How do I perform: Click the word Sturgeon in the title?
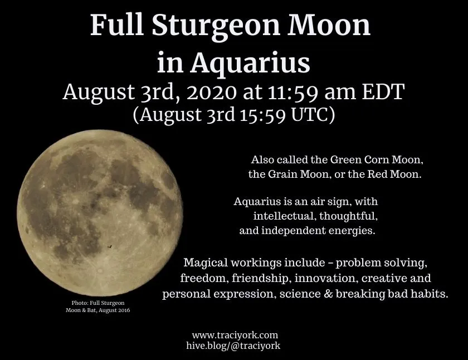[216, 26]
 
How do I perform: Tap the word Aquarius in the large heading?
[250, 63]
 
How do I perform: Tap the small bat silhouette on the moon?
[110, 246]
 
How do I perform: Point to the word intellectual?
[284, 216]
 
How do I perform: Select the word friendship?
[260, 278]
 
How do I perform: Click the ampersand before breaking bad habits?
[328, 294]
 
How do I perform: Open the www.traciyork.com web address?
[235, 335]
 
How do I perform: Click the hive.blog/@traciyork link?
[233, 346]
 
